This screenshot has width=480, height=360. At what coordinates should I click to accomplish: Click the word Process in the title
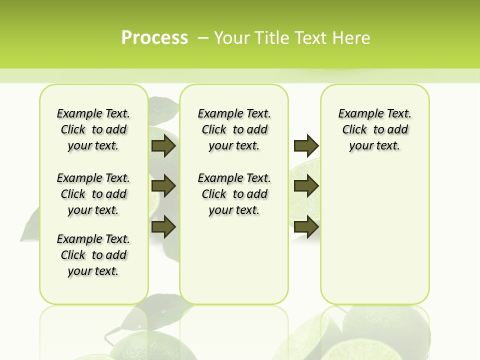coord(154,38)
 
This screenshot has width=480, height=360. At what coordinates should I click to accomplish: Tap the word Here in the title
coord(353,38)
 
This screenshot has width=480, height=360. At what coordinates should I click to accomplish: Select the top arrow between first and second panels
coord(163,146)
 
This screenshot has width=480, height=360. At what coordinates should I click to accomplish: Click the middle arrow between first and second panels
coord(163,186)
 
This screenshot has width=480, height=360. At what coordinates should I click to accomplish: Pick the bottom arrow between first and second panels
coord(163,227)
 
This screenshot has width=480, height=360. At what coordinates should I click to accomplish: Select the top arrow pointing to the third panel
coord(306,146)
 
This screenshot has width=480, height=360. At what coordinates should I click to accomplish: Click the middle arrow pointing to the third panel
coord(306,186)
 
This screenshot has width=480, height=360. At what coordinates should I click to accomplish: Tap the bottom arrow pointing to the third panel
coord(306,227)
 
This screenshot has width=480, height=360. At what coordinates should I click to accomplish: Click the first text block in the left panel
coord(93,129)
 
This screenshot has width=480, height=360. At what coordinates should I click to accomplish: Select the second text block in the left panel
coord(93,194)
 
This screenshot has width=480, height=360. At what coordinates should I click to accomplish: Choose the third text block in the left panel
coord(93,255)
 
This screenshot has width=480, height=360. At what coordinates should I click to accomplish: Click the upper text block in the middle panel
coord(234,129)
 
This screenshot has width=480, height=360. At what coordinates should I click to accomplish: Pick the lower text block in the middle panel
coord(234,194)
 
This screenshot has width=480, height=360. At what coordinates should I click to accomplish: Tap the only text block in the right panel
coord(374,129)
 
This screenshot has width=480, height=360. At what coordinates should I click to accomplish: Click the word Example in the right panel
coord(357,114)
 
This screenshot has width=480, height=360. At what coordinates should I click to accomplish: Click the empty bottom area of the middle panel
coord(234,265)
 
